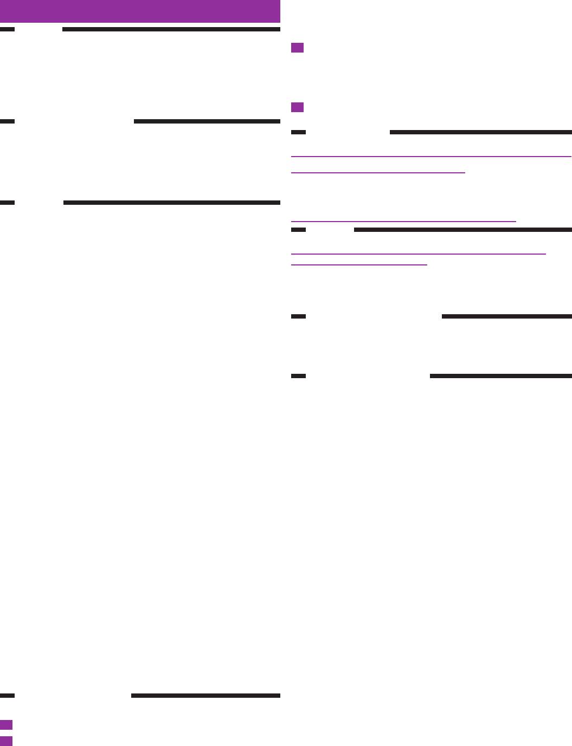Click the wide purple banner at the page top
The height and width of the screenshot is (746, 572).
click(x=140, y=11)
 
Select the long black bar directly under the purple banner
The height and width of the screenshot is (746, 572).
click(x=171, y=29)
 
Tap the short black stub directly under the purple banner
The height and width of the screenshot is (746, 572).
click(x=7, y=29)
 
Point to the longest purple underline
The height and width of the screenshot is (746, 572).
click(x=431, y=157)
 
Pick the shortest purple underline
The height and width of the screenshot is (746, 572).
click(x=359, y=265)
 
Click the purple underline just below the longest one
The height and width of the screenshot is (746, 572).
click(x=378, y=173)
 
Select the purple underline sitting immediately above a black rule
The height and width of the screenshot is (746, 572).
click(x=403, y=222)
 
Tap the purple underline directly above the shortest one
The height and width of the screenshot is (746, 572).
click(x=418, y=254)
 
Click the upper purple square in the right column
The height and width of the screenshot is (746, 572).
click(x=297, y=48)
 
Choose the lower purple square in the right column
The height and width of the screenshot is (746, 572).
click(x=297, y=107)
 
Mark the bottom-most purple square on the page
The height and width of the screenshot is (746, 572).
click(x=6, y=741)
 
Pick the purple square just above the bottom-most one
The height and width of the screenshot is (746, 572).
click(x=6, y=725)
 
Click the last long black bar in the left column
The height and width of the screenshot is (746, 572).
click(x=205, y=696)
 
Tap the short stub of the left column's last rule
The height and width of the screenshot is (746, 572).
click(x=7, y=696)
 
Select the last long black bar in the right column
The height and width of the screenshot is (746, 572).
click(x=500, y=376)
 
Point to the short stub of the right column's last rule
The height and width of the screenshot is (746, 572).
click(x=298, y=376)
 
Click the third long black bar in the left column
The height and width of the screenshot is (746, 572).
click(x=171, y=203)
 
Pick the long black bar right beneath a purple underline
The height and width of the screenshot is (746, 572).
click(x=462, y=230)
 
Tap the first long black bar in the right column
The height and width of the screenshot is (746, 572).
click(x=480, y=132)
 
